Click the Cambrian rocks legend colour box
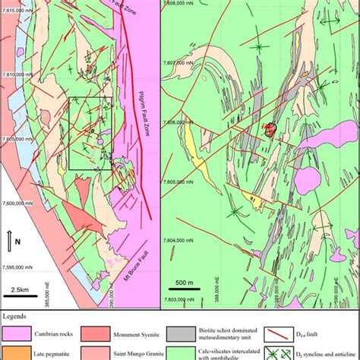16,333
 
